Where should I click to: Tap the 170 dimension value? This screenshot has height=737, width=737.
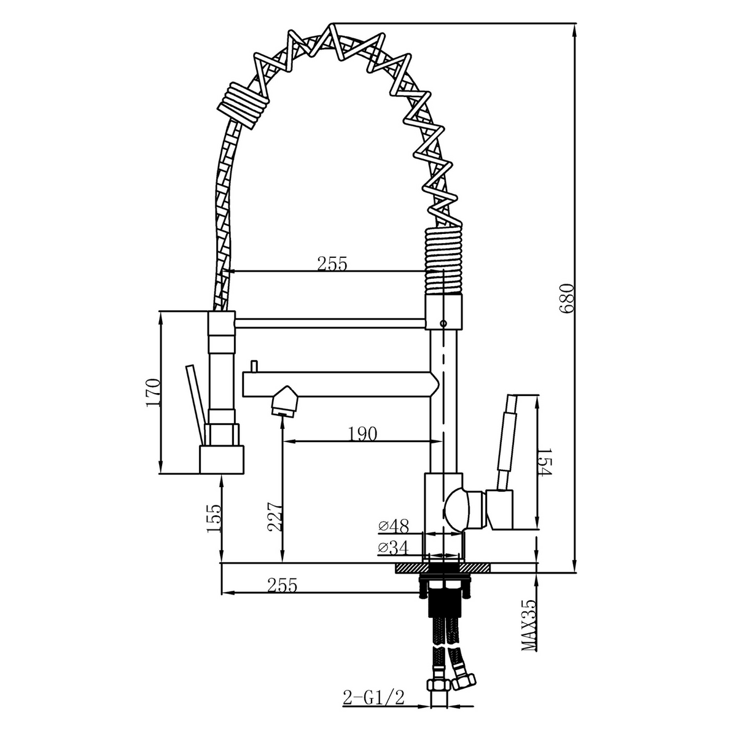pyautogui.click(x=152, y=393)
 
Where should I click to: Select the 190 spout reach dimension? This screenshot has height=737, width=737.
pyautogui.click(x=362, y=434)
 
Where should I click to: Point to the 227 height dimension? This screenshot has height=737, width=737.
pyautogui.click(x=276, y=517)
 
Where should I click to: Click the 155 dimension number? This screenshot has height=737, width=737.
pyautogui.click(x=214, y=518)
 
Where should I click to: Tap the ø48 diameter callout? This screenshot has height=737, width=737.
pyautogui.click(x=394, y=526)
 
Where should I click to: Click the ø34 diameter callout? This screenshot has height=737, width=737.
pyautogui.click(x=394, y=548)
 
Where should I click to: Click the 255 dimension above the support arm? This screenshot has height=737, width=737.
pyautogui.click(x=332, y=264)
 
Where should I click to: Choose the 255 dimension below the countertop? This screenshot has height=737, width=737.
pyautogui.click(x=283, y=585)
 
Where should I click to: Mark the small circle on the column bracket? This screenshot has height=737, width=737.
pyautogui.click(x=443, y=323)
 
